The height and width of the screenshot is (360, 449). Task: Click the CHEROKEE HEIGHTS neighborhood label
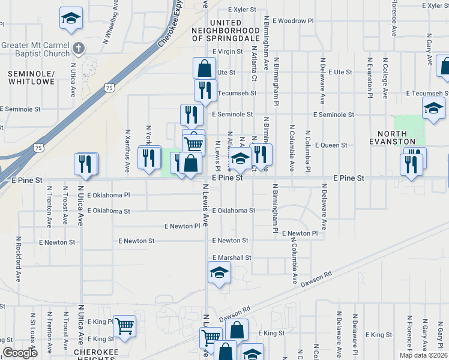pos(99,352)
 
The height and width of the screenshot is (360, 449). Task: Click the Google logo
pos(20,353)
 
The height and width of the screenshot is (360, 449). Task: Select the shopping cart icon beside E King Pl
pos(125,326)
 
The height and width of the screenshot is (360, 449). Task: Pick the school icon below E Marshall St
pos(219,273)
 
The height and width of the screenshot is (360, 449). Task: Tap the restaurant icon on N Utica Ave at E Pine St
pos(85,164)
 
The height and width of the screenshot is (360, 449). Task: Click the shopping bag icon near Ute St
pos(204,68)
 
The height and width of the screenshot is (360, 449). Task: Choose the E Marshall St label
pos(231,257)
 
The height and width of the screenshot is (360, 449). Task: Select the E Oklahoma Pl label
pos(108,196)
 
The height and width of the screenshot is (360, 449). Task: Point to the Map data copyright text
pos(424,355)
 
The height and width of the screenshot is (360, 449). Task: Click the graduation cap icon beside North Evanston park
pos(433,109)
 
